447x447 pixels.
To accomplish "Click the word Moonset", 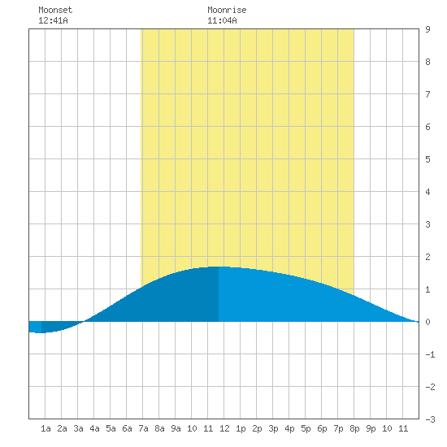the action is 55,10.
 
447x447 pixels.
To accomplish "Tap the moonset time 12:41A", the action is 53,20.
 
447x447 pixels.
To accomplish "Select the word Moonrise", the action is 227,10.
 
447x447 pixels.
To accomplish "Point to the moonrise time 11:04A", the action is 222,20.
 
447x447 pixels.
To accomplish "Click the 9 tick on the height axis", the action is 427,29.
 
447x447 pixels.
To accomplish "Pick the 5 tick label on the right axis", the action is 427,159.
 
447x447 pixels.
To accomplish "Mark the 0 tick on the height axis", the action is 427,322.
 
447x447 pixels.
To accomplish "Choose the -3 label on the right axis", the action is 430,419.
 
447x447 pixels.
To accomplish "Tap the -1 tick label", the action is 430,354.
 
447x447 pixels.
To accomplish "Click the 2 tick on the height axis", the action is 427,257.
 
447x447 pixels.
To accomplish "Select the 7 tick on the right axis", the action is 427,94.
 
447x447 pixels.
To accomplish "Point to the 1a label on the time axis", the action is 46,428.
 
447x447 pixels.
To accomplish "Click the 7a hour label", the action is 143,428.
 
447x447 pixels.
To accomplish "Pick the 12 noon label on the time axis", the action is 224,428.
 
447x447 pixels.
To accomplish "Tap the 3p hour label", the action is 273,428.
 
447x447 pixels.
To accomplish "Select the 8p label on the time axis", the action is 354,428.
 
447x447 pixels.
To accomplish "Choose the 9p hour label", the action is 371,428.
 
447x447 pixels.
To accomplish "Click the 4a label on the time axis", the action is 94,428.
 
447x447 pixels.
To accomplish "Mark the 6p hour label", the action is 322,428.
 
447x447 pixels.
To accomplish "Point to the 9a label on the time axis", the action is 176,428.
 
